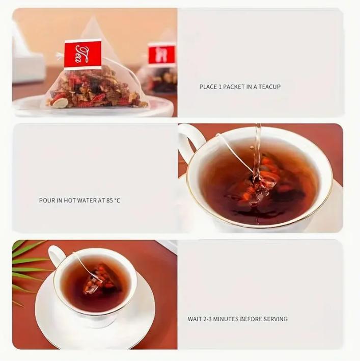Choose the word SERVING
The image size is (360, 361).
[275, 319]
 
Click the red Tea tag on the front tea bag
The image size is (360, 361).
[83, 55]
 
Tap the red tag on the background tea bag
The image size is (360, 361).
[162, 54]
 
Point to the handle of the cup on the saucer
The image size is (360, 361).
[54, 256]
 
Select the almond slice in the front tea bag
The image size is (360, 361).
[59, 102]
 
